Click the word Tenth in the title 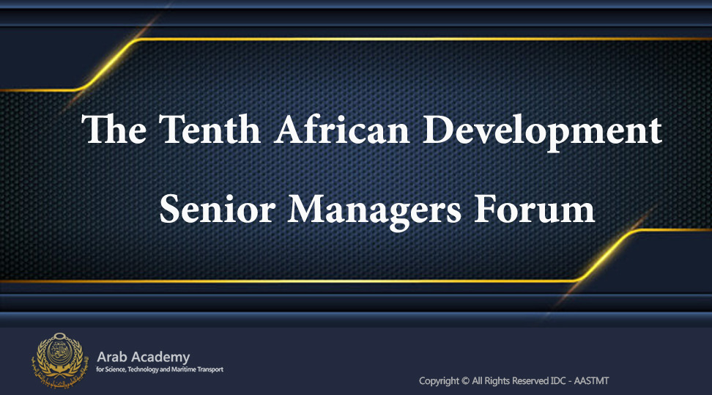pos(209,130)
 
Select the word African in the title pos(342,130)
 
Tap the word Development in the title pos(542,132)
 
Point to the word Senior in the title pos(218,209)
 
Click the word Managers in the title pos(374,211)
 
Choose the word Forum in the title pos(534,209)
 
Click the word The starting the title pos(114,130)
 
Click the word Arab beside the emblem pos(111,357)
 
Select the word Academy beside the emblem pos(160,358)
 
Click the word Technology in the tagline pos(143,369)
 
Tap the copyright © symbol pos(465,381)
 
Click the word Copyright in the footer pos(439,381)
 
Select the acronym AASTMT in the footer pos(591,381)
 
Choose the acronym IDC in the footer pos(558,381)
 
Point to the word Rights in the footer pos(497,381)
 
